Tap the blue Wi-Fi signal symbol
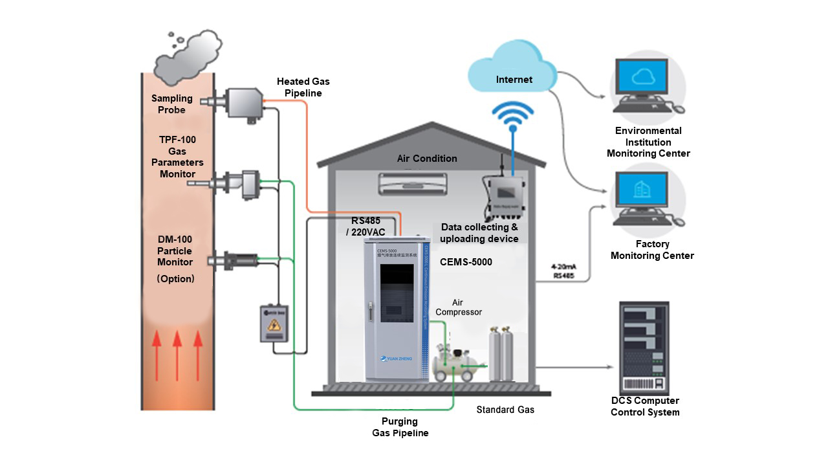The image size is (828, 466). pyautogui.click(x=513, y=116)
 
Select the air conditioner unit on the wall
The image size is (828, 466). pyautogui.click(x=412, y=183)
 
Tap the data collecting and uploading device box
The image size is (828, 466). pyautogui.click(x=507, y=197)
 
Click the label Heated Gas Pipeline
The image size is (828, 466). pyautogui.click(x=303, y=87)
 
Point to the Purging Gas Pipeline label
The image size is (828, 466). pyautogui.click(x=400, y=427)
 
